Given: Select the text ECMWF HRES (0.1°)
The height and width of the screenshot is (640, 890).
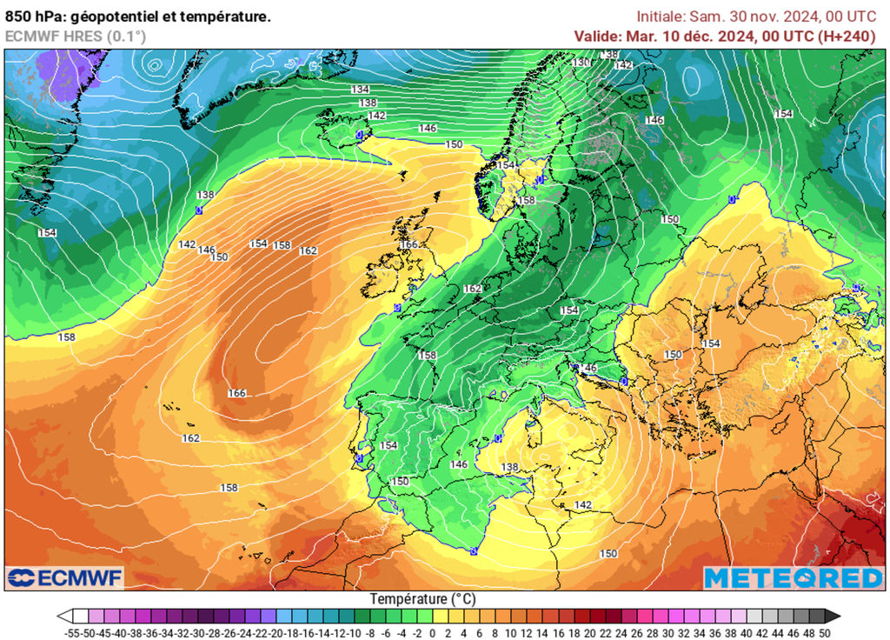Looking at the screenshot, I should point(76,36).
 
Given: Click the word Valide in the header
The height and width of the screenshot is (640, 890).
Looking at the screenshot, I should point(596,36).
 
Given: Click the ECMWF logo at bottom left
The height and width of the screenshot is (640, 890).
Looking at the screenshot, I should point(65,578).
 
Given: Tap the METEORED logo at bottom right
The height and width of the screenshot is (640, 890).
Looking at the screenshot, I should point(793,578).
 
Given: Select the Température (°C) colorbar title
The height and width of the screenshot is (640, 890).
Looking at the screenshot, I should point(423,599).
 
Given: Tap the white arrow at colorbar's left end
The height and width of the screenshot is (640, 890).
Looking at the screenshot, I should point(63,617).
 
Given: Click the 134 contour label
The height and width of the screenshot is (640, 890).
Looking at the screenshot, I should point(360,90).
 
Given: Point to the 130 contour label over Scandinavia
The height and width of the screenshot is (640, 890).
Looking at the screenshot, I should point(581,62).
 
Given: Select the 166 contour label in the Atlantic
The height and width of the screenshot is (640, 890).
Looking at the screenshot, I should point(237,393).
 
